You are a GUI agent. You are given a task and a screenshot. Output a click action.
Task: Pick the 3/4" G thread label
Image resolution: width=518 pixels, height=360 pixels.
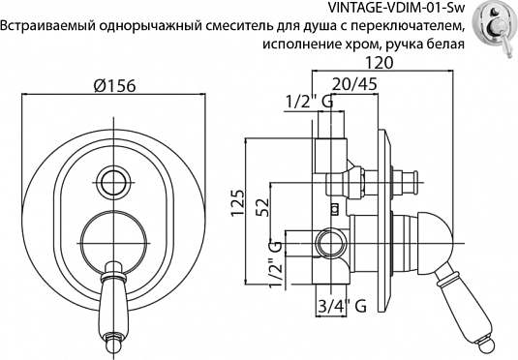tap(342, 308)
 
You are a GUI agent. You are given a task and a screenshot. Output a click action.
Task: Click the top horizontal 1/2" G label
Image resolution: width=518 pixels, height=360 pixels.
tap(310, 101)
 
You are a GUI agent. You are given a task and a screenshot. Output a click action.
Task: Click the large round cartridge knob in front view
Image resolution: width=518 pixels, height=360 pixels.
tap(111, 235)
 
